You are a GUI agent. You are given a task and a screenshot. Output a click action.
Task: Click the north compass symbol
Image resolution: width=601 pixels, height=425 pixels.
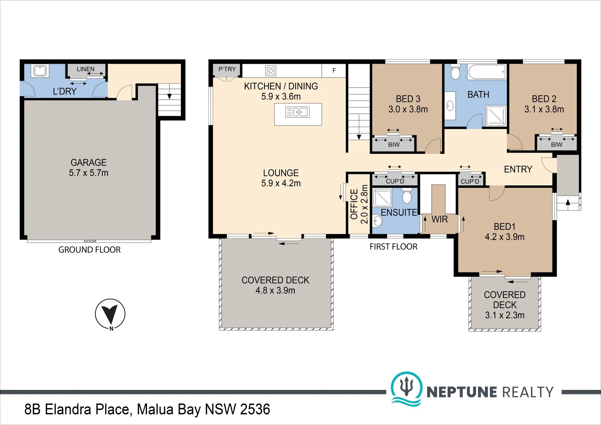click(x=110, y=314)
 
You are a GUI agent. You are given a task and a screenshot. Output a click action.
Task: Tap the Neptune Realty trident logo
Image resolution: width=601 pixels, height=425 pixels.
click(x=406, y=388)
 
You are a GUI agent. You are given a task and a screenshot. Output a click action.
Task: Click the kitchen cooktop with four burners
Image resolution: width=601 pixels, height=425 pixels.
click(x=271, y=70)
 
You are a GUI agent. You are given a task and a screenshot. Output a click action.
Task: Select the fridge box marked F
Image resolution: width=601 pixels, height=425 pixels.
click(x=334, y=70)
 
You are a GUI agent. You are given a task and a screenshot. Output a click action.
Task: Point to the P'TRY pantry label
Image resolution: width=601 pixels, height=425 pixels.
click(x=227, y=69)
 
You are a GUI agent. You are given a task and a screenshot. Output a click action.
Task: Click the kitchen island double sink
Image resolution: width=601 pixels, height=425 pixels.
click(x=298, y=112)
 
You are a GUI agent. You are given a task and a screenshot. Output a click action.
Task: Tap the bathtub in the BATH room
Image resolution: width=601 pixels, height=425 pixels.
click(x=487, y=72)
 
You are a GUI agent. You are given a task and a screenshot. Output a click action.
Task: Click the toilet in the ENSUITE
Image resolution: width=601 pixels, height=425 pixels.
click(x=407, y=196)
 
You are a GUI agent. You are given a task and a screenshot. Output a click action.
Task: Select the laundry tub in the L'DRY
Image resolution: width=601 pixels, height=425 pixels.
click(x=40, y=71)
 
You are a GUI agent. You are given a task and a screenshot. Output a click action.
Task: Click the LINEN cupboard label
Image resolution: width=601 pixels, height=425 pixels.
click(x=86, y=69)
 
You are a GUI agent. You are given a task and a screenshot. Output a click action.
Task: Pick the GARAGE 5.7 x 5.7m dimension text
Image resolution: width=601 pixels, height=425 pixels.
click(x=88, y=173)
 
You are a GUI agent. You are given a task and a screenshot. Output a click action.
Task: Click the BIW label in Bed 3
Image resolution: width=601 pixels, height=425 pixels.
click(x=394, y=145)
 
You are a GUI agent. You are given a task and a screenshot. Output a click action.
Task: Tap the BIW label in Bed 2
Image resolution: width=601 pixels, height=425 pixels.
click(x=556, y=145)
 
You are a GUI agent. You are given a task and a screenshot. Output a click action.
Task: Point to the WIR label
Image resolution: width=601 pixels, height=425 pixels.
click(x=439, y=219)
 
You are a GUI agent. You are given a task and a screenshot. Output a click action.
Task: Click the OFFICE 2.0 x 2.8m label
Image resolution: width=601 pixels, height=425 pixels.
click(x=359, y=204)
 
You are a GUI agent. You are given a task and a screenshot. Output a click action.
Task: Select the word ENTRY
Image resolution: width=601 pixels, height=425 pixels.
click(x=518, y=169)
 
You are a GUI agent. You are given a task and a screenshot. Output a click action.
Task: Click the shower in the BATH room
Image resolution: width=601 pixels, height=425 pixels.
click(x=496, y=116)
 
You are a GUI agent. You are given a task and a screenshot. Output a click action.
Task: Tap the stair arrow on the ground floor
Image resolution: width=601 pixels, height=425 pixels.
click(x=169, y=96)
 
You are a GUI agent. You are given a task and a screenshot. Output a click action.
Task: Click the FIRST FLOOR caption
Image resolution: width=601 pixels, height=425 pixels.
click(x=393, y=247)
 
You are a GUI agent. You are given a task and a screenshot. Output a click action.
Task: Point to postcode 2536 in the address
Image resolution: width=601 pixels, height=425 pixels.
click(x=255, y=409)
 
